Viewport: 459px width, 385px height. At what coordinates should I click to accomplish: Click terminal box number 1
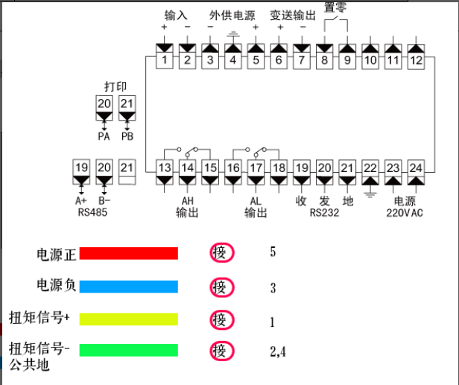(164, 57)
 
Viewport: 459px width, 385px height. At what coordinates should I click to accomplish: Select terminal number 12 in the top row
(416, 57)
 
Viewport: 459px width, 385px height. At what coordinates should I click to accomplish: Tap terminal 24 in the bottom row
(416, 172)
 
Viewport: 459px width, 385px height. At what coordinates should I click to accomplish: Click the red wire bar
(128, 253)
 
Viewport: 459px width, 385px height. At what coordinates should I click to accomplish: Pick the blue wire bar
(128, 287)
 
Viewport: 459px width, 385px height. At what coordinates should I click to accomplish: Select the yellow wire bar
(128, 319)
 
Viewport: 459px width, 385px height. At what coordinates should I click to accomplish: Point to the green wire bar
(128, 350)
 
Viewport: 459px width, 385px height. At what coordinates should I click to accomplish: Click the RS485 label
(92, 212)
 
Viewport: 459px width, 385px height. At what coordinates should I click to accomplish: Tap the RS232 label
(324, 213)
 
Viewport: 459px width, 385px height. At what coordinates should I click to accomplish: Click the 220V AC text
(405, 213)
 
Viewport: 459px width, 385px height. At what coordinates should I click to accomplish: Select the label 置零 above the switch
(335, 7)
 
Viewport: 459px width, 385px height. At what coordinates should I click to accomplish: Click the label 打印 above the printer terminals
(115, 86)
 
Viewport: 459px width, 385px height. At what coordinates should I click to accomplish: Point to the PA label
(104, 136)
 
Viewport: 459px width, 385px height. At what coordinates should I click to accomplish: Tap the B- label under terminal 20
(104, 201)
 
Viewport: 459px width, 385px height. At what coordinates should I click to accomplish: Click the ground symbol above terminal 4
(233, 34)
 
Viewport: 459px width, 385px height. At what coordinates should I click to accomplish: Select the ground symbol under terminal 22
(370, 195)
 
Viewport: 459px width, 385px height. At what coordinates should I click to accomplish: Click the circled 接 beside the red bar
(222, 252)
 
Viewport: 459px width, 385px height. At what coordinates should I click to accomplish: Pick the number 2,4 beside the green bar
(278, 351)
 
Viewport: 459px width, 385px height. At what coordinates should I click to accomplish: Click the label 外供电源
(232, 16)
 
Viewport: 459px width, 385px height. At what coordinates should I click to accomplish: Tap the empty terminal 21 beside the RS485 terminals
(127, 172)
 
